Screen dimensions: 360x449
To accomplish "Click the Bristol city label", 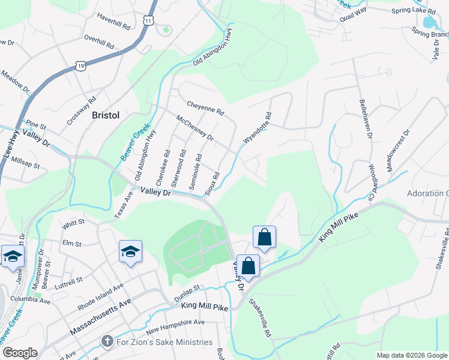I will click(x=106, y=115).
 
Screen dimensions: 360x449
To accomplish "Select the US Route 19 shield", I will click(x=81, y=64).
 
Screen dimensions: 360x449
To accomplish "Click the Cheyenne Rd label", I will click(x=205, y=108).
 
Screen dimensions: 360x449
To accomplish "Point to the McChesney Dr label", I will click(x=194, y=128).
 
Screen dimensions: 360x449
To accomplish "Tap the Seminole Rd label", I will click(x=196, y=172).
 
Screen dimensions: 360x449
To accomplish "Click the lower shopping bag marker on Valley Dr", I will click(x=248, y=265).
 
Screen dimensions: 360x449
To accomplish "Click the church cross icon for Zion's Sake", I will click(x=107, y=342).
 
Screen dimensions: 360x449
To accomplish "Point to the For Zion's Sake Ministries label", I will click(x=164, y=342).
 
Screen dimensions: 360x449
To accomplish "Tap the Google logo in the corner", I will click(x=19, y=353).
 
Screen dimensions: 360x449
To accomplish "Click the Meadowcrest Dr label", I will click(x=398, y=151).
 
